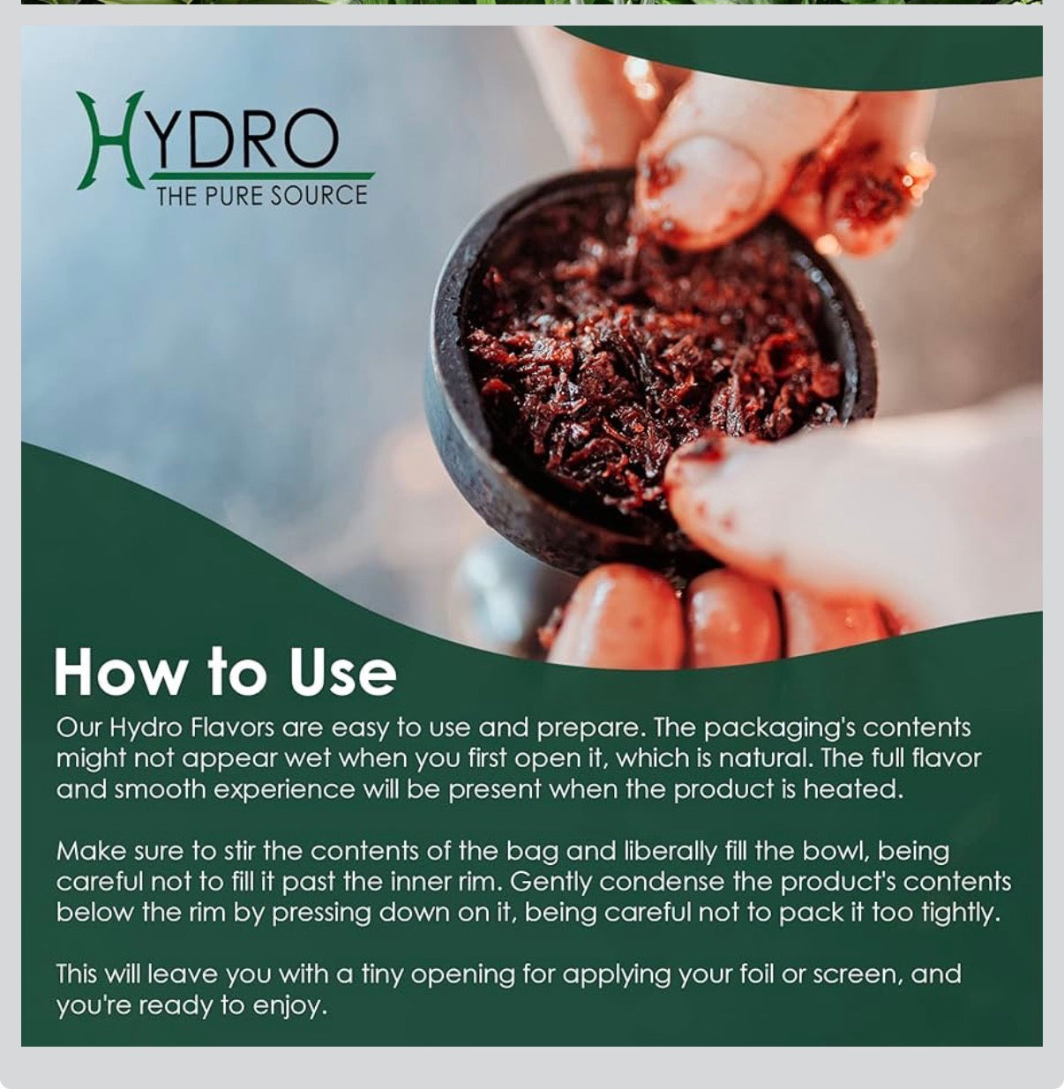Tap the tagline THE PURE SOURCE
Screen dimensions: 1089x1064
click(x=261, y=195)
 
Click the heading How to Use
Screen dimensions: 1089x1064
click(x=225, y=673)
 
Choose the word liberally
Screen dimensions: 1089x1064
click(x=672, y=852)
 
